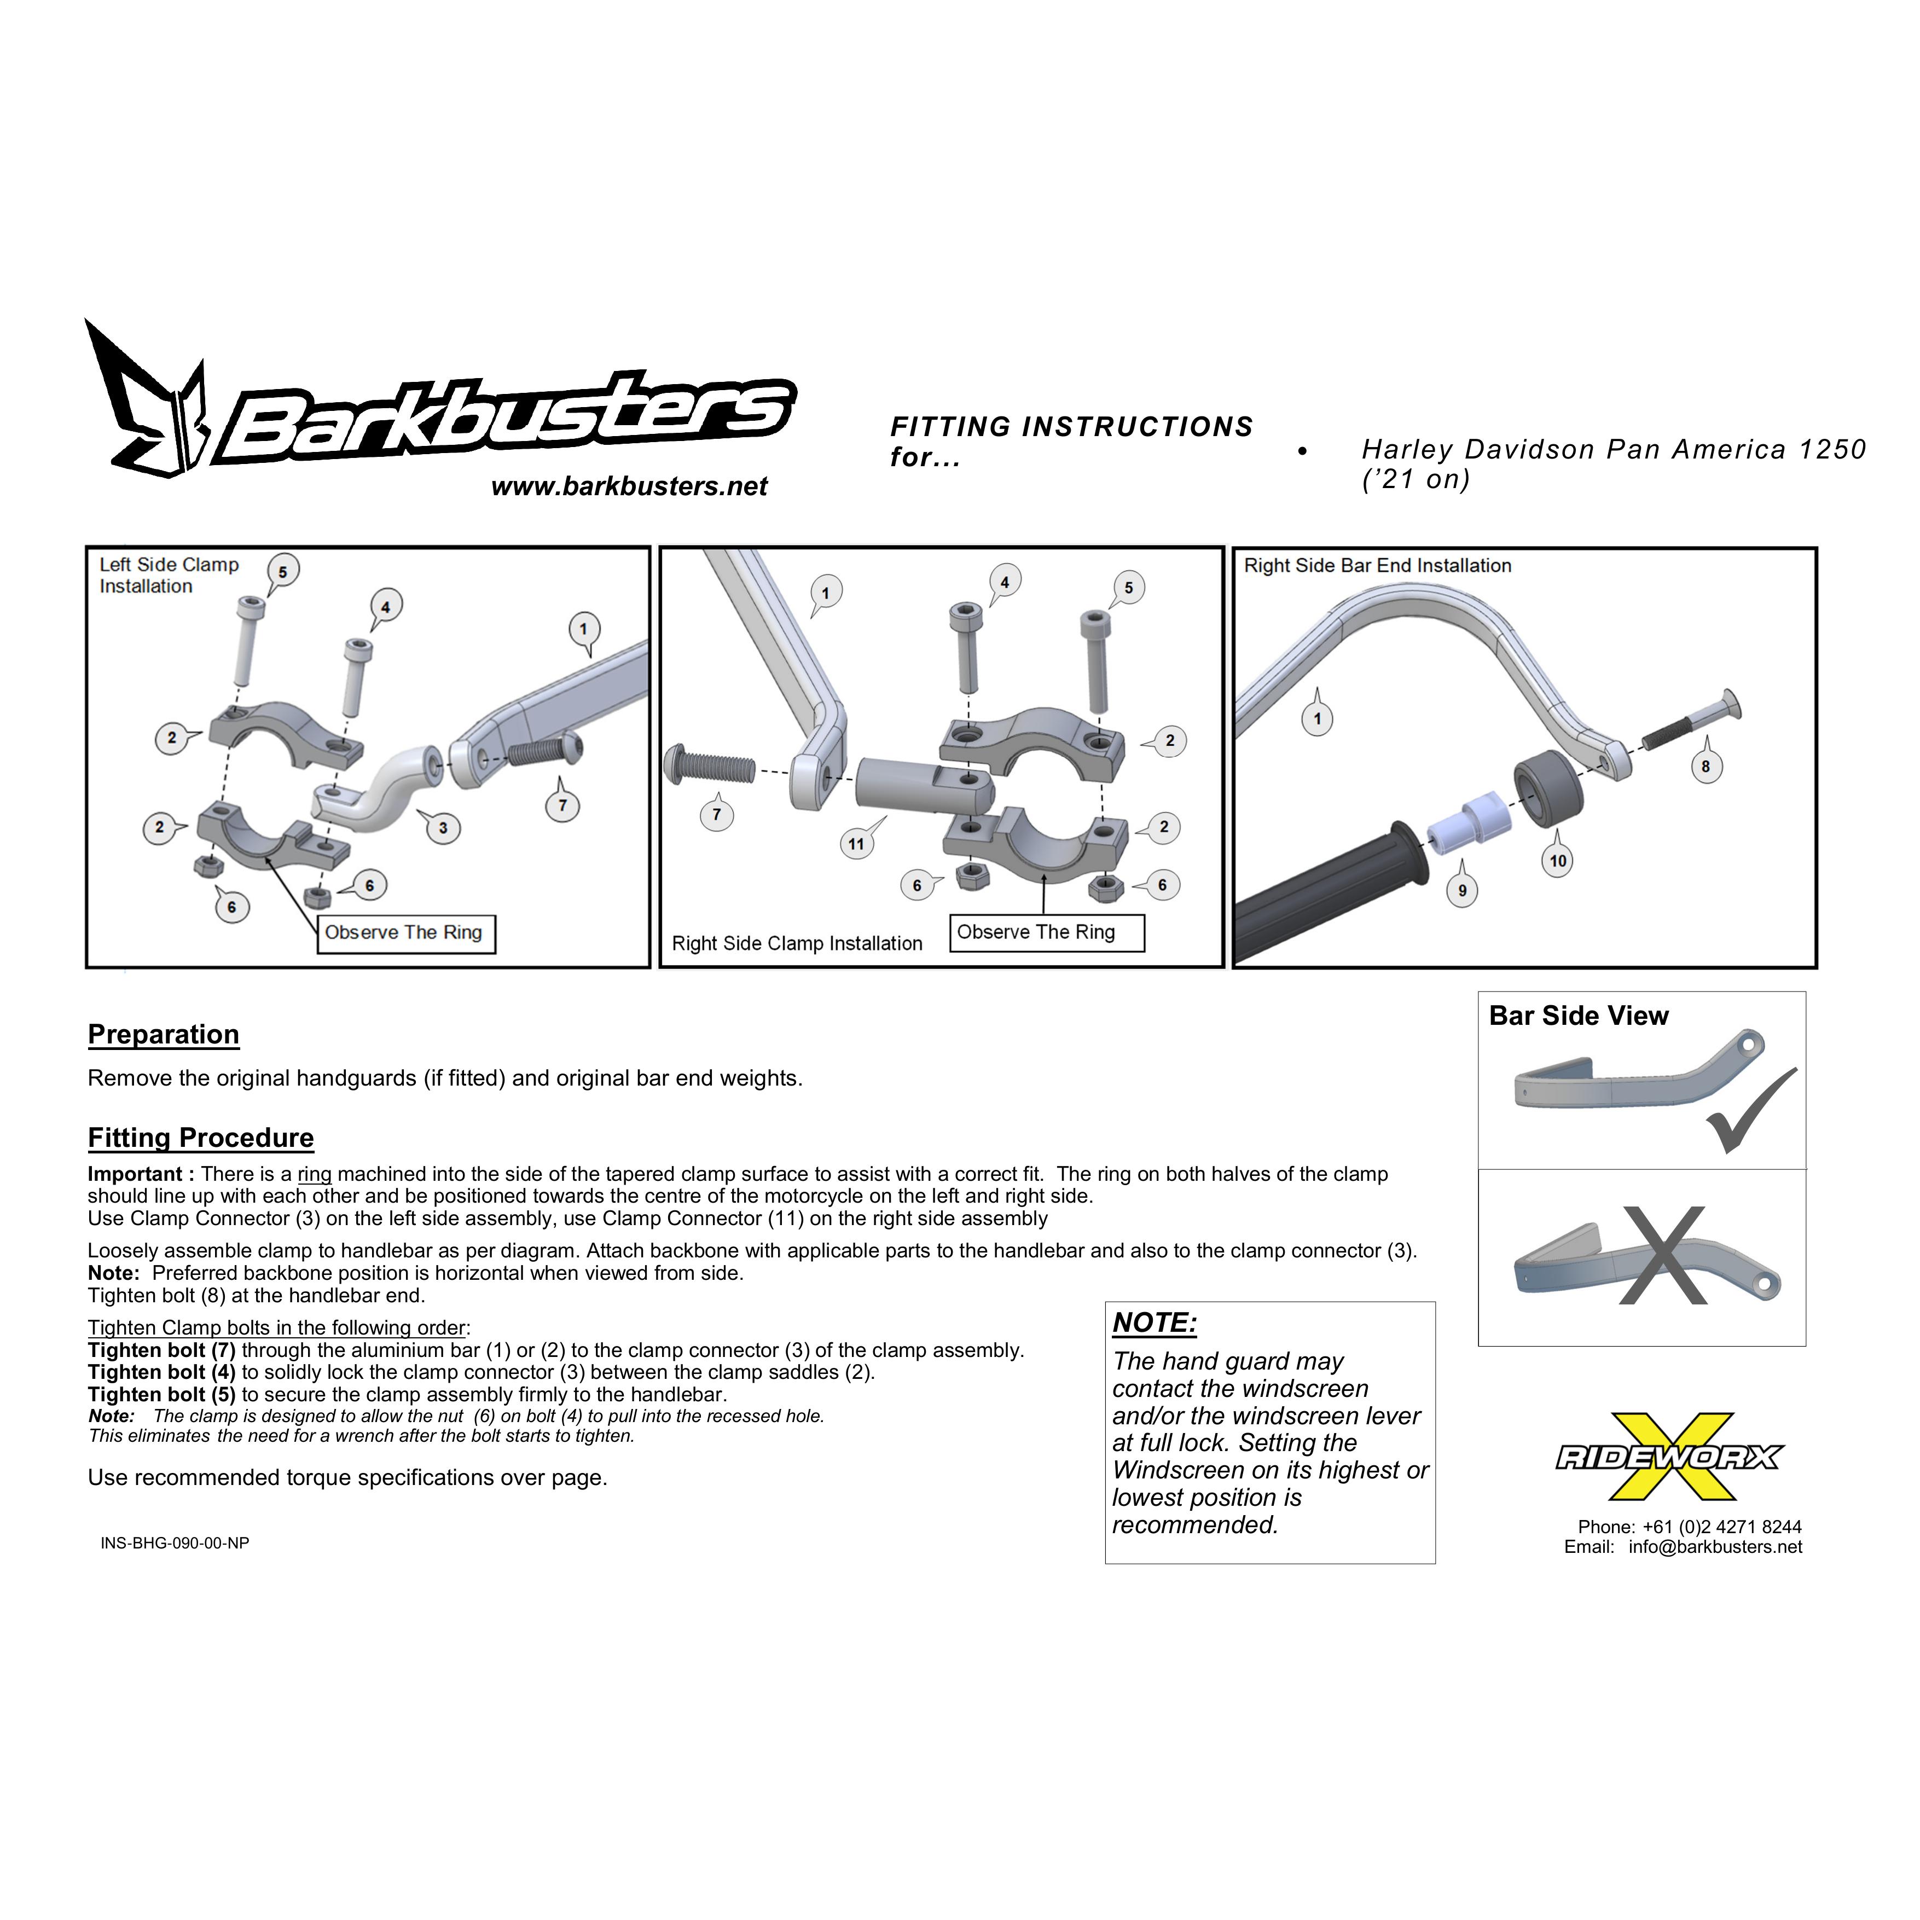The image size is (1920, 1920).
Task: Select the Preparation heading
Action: [x=163, y=1035]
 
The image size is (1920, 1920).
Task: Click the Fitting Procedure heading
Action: [x=201, y=1138]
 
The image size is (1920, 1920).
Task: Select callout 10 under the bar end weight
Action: [x=1557, y=861]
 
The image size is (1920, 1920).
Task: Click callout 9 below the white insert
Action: [x=1462, y=890]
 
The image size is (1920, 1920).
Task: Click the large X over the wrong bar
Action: [x=1664, y=1255]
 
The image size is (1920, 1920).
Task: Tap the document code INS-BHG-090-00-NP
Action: [x=175, y=1544]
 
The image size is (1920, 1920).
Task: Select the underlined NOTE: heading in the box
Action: [x=1155, y=1322]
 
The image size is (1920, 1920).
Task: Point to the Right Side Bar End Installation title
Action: [x=1377, y=565]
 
